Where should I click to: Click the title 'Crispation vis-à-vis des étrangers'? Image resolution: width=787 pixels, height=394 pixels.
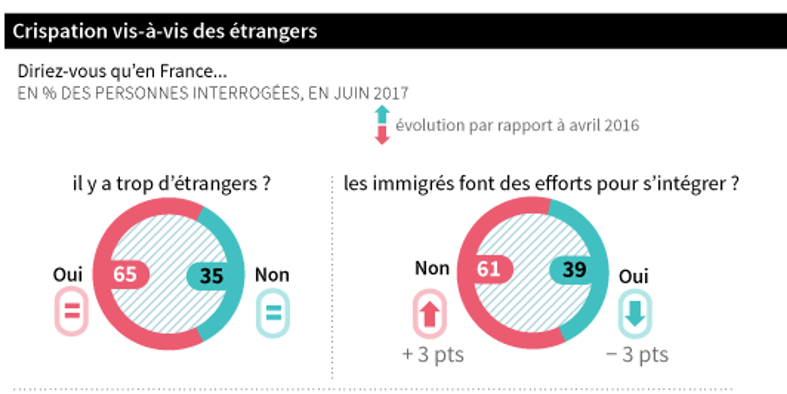(x=165, y=31)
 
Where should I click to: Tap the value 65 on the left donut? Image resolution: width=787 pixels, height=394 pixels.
(x=125, y=274)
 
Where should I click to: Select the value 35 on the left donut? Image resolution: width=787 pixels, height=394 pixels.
(x=211, y=275)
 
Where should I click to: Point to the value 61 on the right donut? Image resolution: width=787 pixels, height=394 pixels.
(x=488, y=269)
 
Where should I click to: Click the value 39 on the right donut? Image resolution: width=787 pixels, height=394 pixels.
(x=574, y=269)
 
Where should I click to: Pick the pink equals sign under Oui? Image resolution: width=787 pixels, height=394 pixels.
(x=72, y=312)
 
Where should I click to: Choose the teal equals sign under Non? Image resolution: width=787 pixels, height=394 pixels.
(x=273, y=313)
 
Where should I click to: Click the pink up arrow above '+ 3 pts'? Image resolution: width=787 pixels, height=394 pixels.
(x=430, y=315)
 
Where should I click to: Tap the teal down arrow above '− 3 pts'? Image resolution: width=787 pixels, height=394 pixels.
(x=635, y=315)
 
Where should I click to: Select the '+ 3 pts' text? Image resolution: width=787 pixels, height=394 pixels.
(x=433, y=355)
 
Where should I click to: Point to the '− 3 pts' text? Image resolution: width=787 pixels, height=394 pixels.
(x=637, y=355)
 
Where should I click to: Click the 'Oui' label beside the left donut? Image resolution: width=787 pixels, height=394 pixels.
(x=68, y=275)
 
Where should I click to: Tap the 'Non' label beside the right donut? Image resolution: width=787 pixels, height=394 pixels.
(x=432, y=268)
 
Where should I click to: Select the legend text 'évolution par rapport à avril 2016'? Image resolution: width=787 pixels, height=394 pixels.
(x=517, y=125)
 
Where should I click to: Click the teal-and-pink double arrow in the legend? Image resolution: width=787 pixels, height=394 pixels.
(x=382, y=125)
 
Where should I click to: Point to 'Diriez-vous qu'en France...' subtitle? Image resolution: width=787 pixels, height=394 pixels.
(x=122, y=72)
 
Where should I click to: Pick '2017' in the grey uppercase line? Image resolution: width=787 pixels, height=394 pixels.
(x=391, y=93)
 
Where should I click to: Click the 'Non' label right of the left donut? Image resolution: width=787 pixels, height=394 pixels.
(x=272, y=275)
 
